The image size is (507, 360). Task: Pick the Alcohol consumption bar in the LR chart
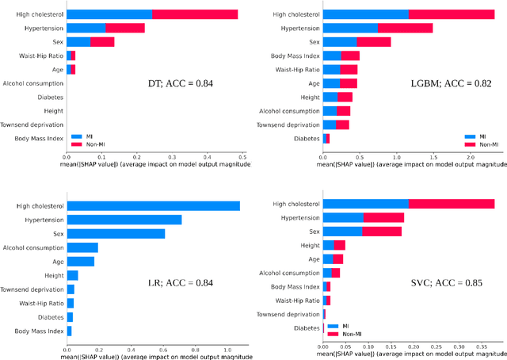(82, 247)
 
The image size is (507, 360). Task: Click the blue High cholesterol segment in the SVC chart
(365, 204)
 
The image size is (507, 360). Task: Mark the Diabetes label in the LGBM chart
(304, 139)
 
